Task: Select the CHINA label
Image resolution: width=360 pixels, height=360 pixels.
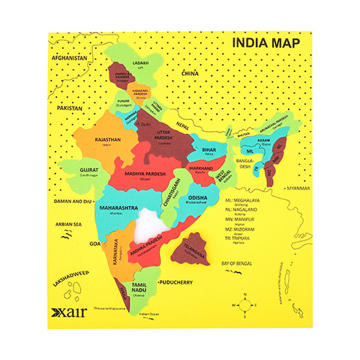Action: click(x=189, y=73)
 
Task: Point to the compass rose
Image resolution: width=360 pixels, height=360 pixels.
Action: click(x=247, y=305)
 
